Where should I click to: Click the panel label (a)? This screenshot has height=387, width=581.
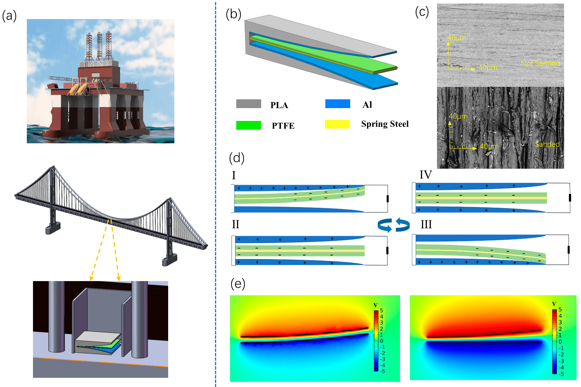(x=10, y=16)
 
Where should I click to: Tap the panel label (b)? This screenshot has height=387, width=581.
(x=233, y=14)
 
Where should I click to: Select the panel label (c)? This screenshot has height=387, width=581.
(x=422, y=12)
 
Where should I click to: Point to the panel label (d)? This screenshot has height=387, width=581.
(x=236, y=158)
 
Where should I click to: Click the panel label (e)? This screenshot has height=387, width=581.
(x=238, y=284)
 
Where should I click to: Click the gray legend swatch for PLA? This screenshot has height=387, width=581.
(x=248, y=104)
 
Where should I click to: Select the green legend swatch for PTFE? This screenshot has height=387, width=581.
(x=248, y=125)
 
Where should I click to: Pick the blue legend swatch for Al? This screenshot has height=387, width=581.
(x=337, y=104)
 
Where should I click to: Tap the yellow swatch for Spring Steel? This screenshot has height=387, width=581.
(x=337, y=124)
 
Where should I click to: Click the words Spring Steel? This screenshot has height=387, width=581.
(x=385, y=124)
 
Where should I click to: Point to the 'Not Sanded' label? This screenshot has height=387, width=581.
(x=540, y=63)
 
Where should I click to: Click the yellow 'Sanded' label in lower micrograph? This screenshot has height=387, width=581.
(x=547, y=144)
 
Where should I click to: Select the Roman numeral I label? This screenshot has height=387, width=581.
(x=234, y=176)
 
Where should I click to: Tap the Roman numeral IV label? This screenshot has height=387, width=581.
(x=426, y=175)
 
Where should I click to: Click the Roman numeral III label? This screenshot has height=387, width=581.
(x=426, y=224)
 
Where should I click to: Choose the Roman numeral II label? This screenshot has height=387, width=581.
(x=235, y=224)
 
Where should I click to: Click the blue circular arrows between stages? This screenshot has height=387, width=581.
(x=394, y=225)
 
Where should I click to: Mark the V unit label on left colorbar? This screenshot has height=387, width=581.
(x=375, y=305)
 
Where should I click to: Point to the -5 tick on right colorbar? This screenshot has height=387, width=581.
(x=561, y=374)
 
